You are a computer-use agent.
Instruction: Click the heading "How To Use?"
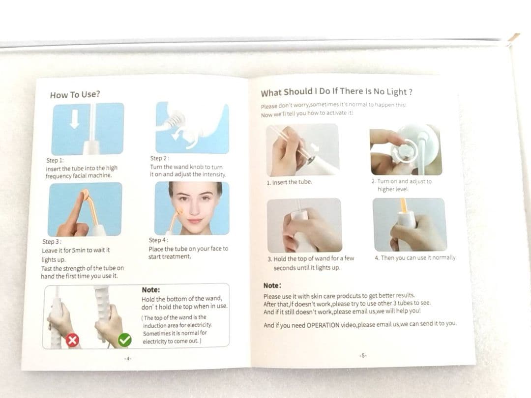[x=75, y=94]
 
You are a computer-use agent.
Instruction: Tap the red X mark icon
[x=72, y=340]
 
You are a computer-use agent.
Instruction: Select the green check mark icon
[x=124, y=340]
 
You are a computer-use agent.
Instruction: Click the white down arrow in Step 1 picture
[x=75, y=119]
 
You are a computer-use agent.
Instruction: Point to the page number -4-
[x=128, y=358]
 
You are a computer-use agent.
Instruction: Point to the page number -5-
[x=363, y=355]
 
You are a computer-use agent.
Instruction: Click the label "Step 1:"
[x=55, y=160]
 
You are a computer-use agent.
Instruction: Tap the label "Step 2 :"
[x=159, y=158]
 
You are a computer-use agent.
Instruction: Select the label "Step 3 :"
[x=52, y=242]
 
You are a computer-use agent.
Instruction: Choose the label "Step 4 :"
[x=158, y=240]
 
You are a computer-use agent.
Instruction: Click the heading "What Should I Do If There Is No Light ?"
[x=337, y=92]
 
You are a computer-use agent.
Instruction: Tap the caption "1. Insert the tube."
[x=289, y=182]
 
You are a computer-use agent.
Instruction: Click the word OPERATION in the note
[x=323, y=325]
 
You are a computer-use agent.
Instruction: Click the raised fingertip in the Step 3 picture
[x=83, y=195]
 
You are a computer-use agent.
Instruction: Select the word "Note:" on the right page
[x=272, y=285]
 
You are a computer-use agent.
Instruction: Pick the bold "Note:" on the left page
[x=151, y=290]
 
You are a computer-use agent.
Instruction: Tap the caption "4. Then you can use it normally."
[x=415, y=258]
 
